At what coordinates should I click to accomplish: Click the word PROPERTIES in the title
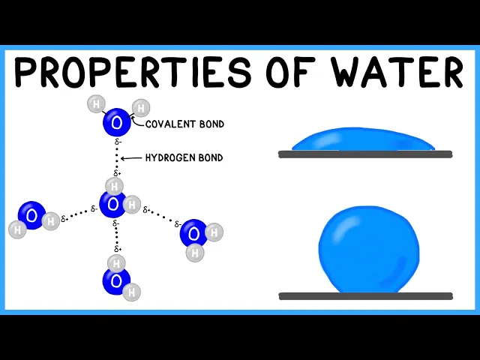click(x=131, y=73)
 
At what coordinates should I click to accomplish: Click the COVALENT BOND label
click(x=184, y=124)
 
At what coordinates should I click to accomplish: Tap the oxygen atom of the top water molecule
click(x=116, y=122)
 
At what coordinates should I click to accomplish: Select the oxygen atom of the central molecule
click(x=112, y=203)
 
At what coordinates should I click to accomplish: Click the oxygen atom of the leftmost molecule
click(x=31, y=215)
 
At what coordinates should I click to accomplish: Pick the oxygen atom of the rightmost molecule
click(x=193, y=233)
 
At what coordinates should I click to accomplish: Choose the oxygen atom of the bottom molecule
click(x=116, y=280)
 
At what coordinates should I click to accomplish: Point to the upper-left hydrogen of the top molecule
click(x=95, y=104)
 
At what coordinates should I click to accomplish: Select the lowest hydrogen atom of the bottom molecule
click(x=132, y=293)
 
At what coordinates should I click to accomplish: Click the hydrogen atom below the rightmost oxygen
click(x=195, y=253)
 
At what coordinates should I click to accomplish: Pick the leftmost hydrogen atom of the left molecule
click(x=16, y=229)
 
